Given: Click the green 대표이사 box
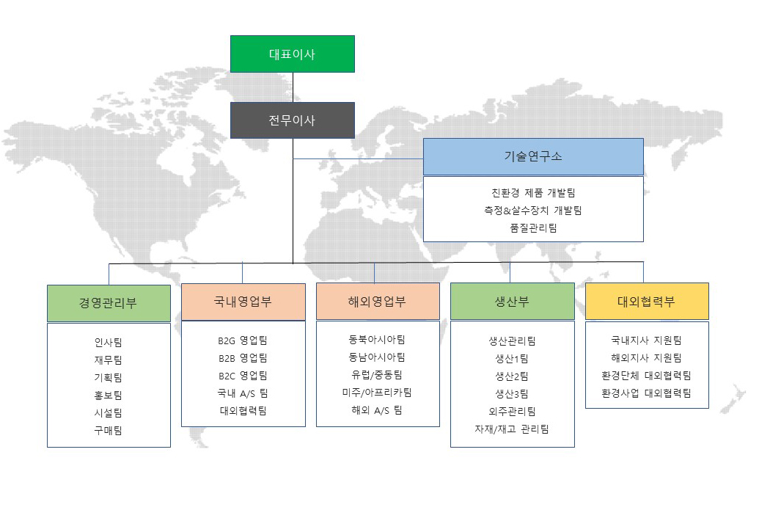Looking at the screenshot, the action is pyautogui.click(x=293, y=54).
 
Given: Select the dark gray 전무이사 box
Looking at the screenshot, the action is pyautogui.click(x=293, y=120).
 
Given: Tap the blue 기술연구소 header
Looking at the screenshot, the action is pyautogui.click(x=533, y=156).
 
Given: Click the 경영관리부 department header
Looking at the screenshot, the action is pyautogui.click(x=109, y=303).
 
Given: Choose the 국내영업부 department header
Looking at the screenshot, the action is pyautogui.click(x=243, y=302).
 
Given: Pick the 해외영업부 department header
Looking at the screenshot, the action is pyautogui.click(x=378, y=302).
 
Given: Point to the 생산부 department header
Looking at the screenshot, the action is pyautogui.click(x=513, y=302).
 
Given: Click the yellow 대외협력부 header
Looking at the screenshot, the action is pyautogui.click(x=648, y=302).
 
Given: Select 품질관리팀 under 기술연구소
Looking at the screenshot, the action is pyautogui.click(x=533, y=227).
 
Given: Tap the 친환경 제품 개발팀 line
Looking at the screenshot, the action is pyautogui.click(x=533, y=193).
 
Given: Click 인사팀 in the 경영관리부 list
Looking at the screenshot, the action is pyautogui.click(x=109, y=343).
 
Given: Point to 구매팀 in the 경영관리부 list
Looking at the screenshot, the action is pyautogui.click(x=109, y=431).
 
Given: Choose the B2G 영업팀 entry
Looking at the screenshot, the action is pyautogui.click(x=243, y=340).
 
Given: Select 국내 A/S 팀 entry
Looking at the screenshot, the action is pyautogui.click(x=243, y=393).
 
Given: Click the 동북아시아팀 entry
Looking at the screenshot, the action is pyautogui.click(x=377, y=340).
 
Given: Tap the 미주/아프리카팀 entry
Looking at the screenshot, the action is pyautogui.click(x=377, y=393).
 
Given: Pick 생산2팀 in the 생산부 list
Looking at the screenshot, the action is pyautogui.click(x=512, y=376).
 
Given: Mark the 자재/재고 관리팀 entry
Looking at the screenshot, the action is pyautogui.click(x=512, y=429).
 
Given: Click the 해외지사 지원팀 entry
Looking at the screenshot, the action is pyautogui.click(x=647, y=358).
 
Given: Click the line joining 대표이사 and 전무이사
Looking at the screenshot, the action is pyautogui.click(x=293, y=87).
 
